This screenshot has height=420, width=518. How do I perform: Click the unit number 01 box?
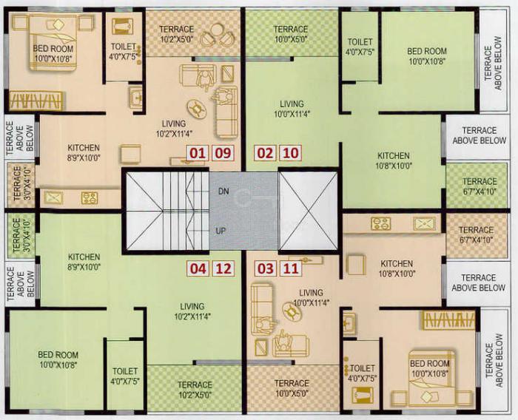click(197, 154)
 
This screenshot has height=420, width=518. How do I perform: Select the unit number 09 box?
click(223, 154)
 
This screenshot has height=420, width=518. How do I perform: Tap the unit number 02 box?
click(265, 154)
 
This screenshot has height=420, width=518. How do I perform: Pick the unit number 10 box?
click(291, 154)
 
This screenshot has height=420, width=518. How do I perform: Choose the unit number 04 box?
click(197, 268)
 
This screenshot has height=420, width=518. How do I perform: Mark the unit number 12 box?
click(223, 268)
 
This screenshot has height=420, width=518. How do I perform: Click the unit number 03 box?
click(265, 268)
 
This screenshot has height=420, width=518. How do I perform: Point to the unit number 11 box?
click(291, 268)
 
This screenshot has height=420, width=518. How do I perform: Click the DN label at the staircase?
click(223, 191)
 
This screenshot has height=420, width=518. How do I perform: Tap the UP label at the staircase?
click(221, 231)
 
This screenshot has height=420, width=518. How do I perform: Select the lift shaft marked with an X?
click(308, 211)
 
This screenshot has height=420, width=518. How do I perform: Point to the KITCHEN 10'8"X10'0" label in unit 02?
click(393, 160)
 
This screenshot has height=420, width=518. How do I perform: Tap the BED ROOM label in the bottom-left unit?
click(58, 359)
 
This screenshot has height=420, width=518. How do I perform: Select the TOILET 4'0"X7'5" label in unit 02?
click(360, 47)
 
